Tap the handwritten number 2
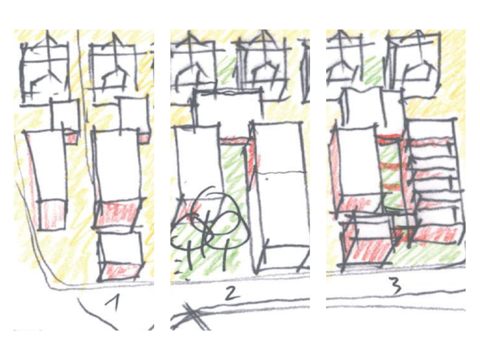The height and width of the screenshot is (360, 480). pos(232,293)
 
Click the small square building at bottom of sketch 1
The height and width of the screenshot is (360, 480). pos(120,256)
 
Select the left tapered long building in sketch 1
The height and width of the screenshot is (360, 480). pos(48,179)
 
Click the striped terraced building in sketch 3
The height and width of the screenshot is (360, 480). pos(435,180)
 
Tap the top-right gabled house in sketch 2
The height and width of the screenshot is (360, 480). pos(263,66)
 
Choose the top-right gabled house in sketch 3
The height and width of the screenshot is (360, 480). pos(413,63)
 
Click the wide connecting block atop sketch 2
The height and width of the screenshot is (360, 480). pos(229,107)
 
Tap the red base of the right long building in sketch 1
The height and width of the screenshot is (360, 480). pos(118,214)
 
